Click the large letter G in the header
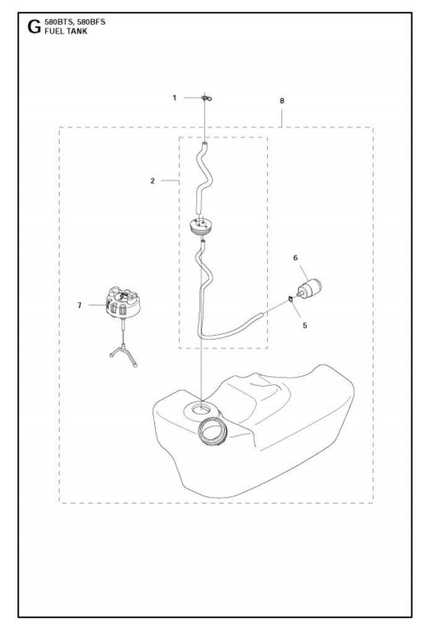tap(33, 27)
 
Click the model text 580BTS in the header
tap(58, 22)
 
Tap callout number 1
tap(174, 97)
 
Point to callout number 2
tap(152, 181)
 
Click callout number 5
tap(304, 324)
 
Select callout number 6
tap(295, 256)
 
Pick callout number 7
tap(79, 305)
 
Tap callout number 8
tap(282, 100)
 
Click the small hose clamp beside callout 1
tap(205, 98)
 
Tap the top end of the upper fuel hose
tap(205, 145)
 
